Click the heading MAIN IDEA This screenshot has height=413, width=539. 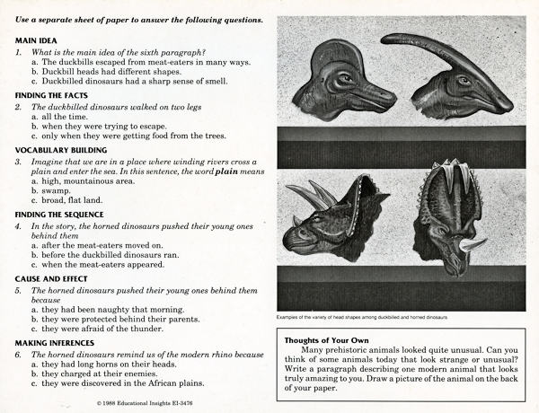38,40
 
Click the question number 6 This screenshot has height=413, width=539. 18,355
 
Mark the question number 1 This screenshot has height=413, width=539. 18,52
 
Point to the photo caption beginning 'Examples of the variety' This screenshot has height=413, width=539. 363,318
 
